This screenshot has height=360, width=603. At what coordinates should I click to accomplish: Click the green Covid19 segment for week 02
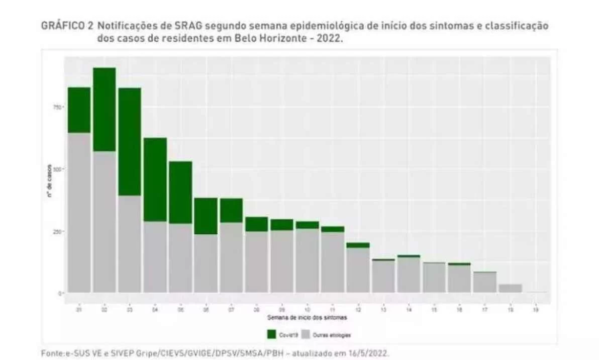coord(105,109)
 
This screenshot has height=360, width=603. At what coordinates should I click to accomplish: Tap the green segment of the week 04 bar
coord(155,179)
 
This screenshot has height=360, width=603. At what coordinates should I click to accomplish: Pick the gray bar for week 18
coord(510,288)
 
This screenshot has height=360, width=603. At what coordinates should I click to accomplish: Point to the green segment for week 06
coord(206,216)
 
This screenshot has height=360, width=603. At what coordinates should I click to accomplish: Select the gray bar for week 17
coord(485,282)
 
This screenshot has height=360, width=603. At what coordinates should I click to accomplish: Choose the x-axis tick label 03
coord(130,310)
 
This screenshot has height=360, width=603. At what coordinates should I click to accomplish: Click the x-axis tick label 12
coord(358,310)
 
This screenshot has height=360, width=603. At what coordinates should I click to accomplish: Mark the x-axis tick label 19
coord(535,310)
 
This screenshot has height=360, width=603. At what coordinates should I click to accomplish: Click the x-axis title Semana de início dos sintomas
coord(307,317)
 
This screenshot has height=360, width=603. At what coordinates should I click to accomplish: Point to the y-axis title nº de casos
coord(50,181)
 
